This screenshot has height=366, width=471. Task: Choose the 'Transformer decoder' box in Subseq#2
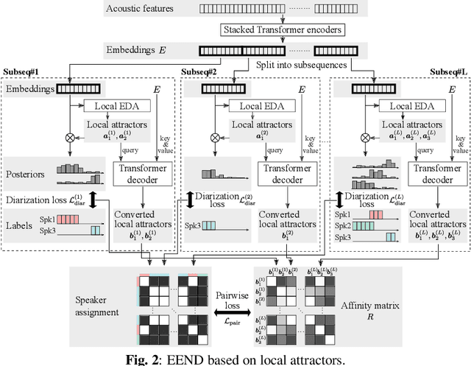coord(286,174)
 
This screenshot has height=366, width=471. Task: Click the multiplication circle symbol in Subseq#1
coord(72,137)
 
